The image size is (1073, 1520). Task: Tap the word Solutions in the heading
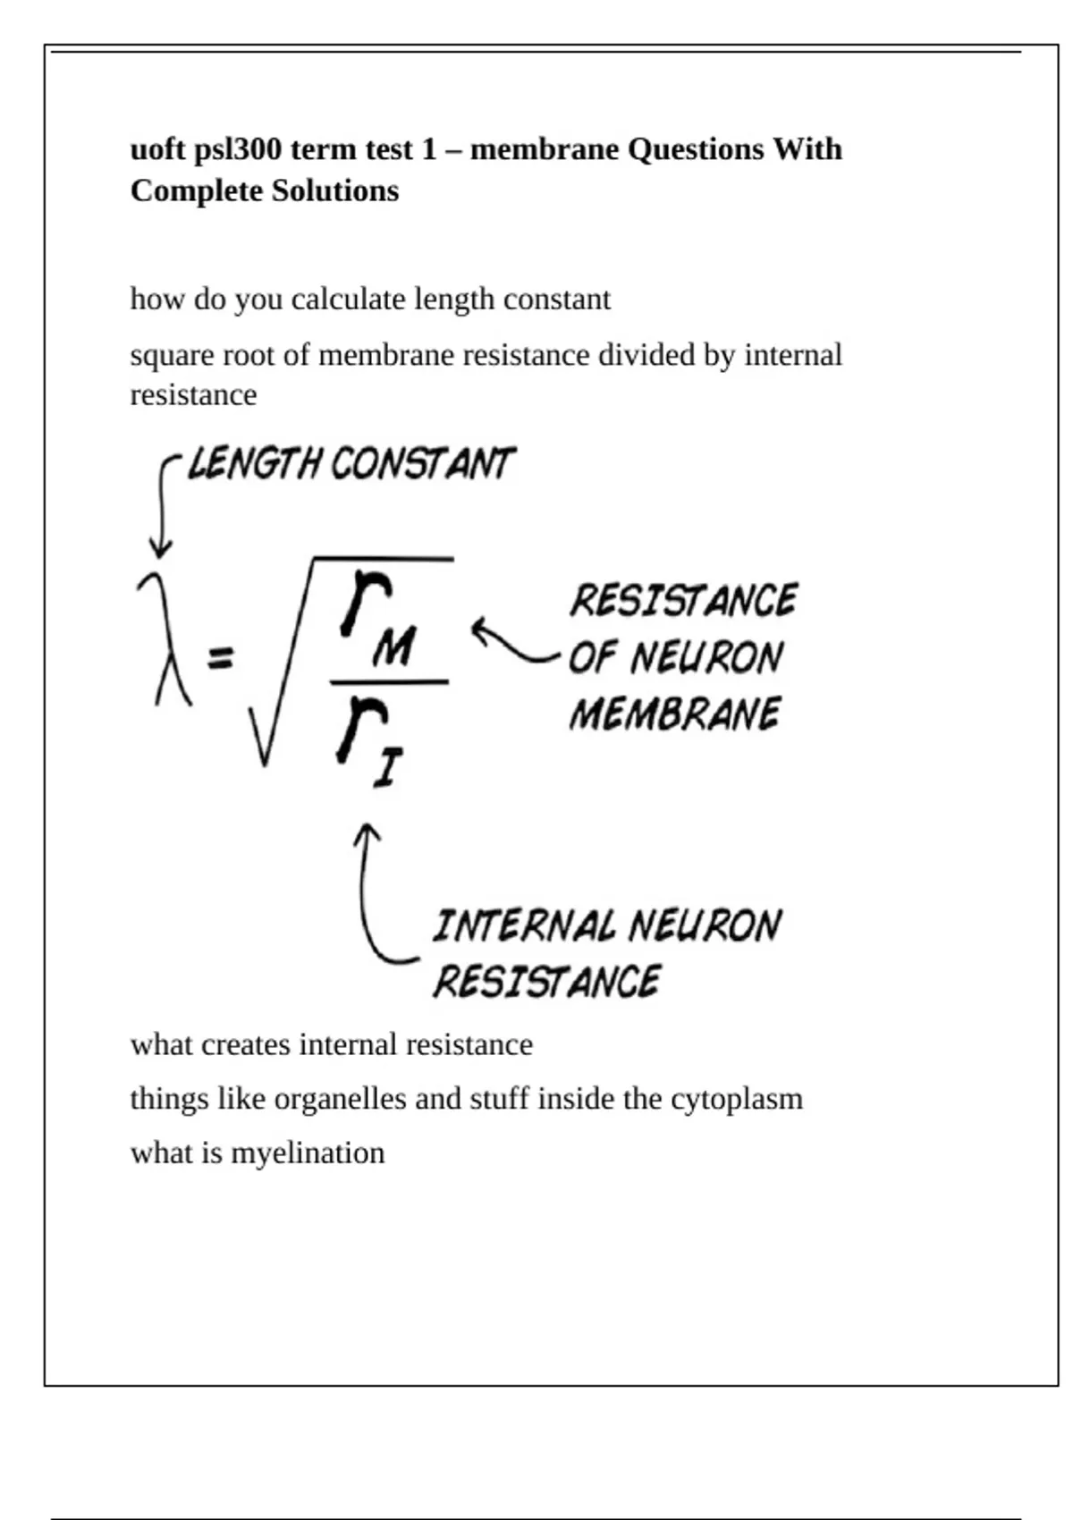[335, 190]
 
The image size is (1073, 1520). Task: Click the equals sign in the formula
[220, 659]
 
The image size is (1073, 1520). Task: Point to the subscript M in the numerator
[393, 646]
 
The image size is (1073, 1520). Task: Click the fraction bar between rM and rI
[389, 682]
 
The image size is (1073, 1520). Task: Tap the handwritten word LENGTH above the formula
[254, 464]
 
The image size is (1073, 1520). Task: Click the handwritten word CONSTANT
[422, 464]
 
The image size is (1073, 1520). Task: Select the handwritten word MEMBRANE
[674, 714]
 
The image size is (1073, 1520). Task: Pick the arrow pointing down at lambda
[162, 510]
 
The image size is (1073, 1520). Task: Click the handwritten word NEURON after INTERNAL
[705, 926]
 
